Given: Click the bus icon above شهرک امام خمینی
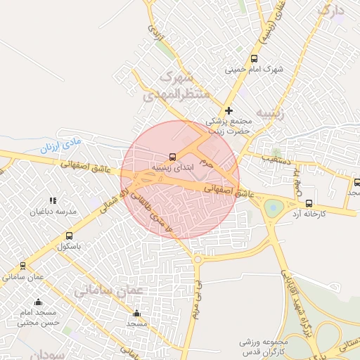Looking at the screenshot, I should (254, 59).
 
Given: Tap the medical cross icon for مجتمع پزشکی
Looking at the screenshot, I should (229, 110).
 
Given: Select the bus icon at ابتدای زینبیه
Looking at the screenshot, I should (173, 157).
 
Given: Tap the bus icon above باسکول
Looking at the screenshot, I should (69, 236).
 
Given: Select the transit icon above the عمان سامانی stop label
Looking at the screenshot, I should (23, 266).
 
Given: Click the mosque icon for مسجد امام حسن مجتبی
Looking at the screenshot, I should (38, 302).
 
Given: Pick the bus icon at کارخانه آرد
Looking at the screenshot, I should (309, 202).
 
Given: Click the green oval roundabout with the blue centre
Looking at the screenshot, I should (274, 208).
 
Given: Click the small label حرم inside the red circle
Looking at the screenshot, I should (205, 161).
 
